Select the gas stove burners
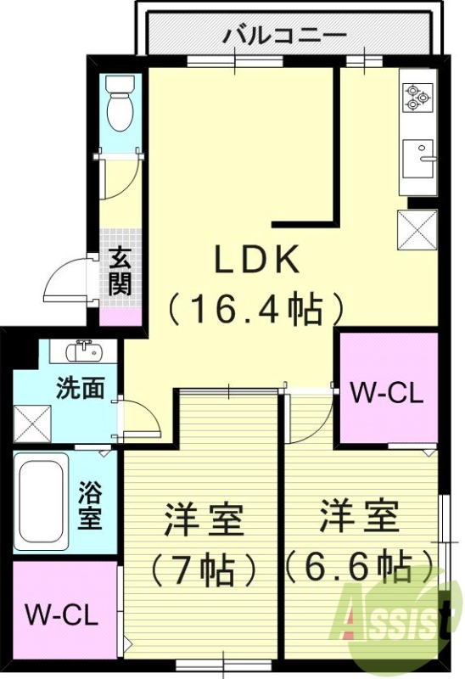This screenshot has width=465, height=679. click(x=416, y=98)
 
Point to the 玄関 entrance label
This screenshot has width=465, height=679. click(x=120, y=270)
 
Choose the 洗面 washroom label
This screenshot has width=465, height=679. click(x=81, y=388)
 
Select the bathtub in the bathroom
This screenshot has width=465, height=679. click(x=42, y=502)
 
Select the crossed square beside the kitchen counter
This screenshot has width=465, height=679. click(x=417, y=227)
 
